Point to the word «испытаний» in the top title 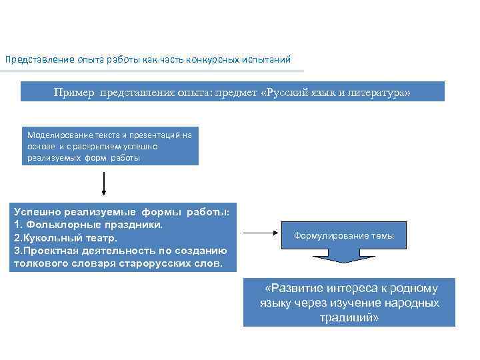pos(268,60)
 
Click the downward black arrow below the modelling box pos(104,183)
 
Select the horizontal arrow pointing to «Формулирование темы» pos(259,233)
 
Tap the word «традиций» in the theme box pos(349,317)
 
